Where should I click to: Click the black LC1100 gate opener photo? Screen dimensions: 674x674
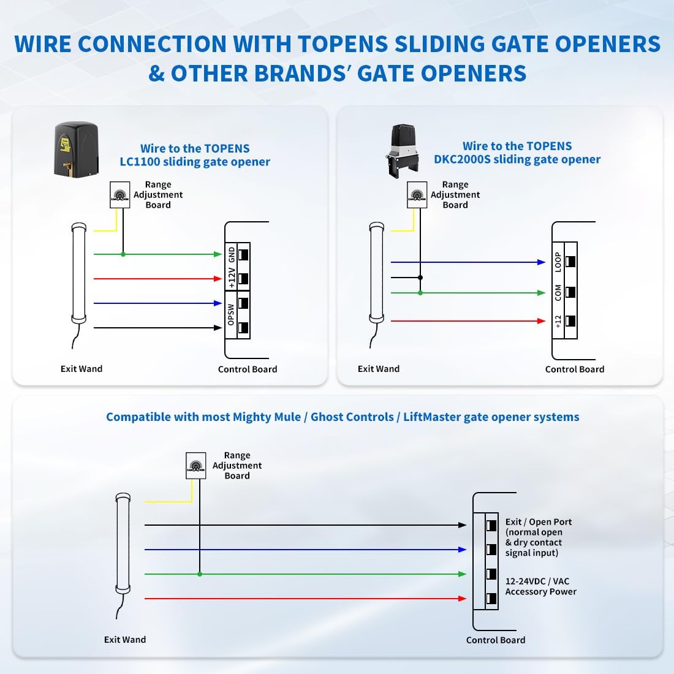[x=76, y=150]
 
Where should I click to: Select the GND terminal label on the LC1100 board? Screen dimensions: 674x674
[x=232, y=254]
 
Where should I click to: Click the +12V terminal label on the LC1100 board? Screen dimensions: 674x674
[x=232, y=278]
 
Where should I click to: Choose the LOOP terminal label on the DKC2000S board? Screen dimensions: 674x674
[x=558, y=262]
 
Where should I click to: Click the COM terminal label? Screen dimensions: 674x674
[x=558, y=293]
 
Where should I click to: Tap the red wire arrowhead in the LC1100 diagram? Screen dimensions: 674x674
[x=218, y=279]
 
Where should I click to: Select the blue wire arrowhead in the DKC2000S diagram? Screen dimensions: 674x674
[x=541, y=262]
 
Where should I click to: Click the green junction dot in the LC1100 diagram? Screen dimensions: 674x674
[x=123, y=254]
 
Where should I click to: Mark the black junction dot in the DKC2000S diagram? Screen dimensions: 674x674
[x=420, y=278]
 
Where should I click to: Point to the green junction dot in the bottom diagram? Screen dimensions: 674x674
[x=200, y=574]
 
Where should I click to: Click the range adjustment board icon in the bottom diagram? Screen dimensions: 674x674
[x=196, y=466]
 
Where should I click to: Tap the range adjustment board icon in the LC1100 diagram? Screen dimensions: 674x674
[x=120, y=195]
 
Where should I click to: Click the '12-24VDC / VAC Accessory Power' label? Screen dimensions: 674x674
[x=540, y=586]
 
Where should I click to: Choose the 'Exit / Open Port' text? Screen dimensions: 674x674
[x=538, y=522]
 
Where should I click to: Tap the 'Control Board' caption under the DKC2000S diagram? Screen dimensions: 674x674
[x=574, y=369]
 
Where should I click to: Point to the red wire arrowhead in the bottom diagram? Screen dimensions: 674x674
[x=463, y=599]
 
